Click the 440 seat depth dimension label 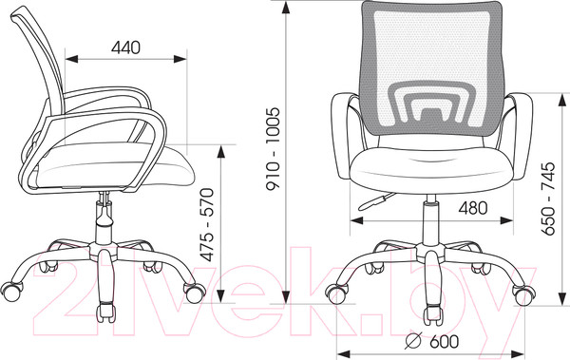(125, 47)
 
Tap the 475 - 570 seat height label (208, 225)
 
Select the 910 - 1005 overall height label (273, 149)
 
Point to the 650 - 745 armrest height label (548, 199)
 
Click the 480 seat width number (472, 208)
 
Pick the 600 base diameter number (444, 341)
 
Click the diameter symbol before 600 (413, 341)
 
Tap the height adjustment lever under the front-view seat (376, 201)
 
